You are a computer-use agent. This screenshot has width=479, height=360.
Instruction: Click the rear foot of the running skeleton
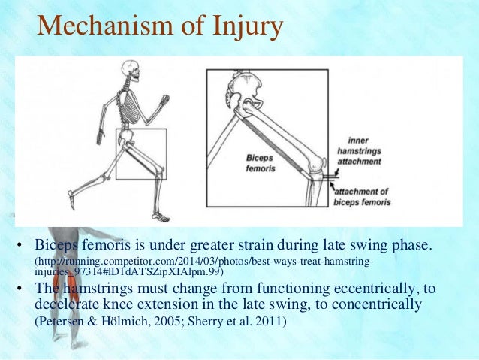[71, 198]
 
